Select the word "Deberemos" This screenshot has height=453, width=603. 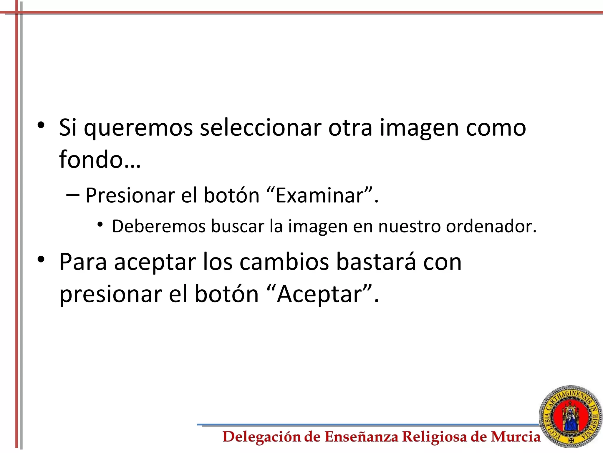tap(159, 226)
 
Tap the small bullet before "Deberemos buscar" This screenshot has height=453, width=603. tap(100, 225)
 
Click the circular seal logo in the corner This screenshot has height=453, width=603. tap(570, 418)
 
